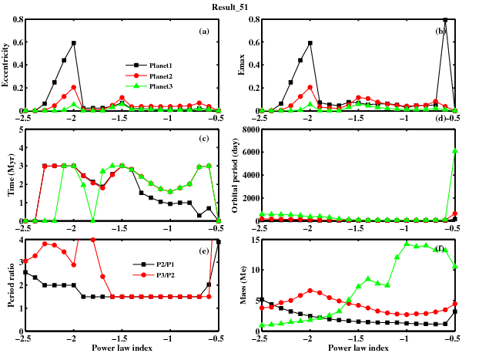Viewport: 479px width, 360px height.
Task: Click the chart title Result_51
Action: point(239,5)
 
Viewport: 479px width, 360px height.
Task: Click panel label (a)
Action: point(204,32)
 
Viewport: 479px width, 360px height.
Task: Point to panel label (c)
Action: point(204,139)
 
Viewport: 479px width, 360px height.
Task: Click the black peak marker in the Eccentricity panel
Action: point(74,43)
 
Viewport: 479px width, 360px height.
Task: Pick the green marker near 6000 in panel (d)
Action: point(454,151)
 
